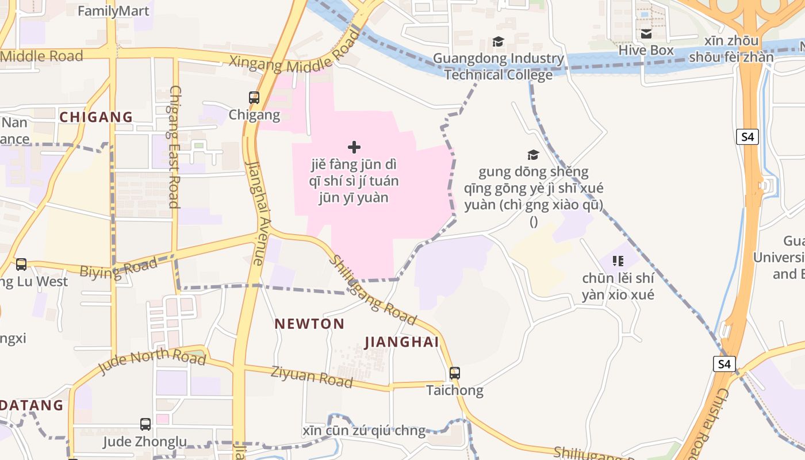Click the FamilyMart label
[113, 11]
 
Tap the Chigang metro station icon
[254, 98]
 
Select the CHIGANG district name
[96, 117]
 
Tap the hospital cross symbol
[354, 147]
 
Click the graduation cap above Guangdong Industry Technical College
[498, 42]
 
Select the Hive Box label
[646, 51]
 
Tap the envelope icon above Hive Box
[646, 34]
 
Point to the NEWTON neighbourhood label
[309, 324]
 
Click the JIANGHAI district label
[402, 342]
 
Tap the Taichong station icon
[455, 373]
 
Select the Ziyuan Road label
[312, 376]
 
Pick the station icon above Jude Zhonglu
[145, 424]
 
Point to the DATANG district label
[32, 405]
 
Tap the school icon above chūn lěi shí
[618, 262]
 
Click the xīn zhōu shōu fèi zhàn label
[731, 49]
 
